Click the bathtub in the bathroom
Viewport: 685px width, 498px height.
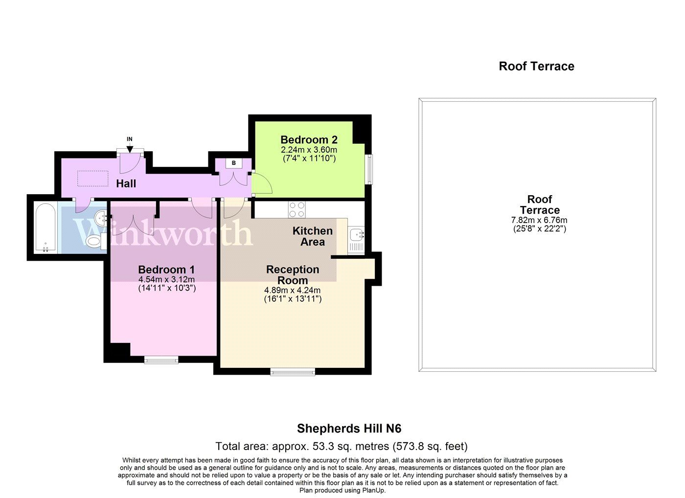pyautogui.click(x=45, y=227)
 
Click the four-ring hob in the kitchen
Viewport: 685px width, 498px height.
pyautogui.click(x=297, y=210)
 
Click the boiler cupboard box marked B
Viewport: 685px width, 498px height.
pyautogui.click(x=234, y=163)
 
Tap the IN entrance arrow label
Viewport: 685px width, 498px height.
pyautogui.click(x=130, y=139)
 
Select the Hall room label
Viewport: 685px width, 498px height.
pyautogui.click(x=126, y=184)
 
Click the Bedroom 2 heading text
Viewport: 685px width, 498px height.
pyautogui.click(x=309, y=139)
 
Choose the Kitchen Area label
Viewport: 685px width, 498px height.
pyautogui.click(x=313, y=236)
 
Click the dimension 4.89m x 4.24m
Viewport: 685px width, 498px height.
pyautogui.click(x=293, y=290)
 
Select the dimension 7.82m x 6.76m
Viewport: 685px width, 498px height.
pyautogui.click(x=539, y=220)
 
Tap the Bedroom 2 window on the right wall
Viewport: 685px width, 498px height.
pyautogui.click(x=369, y=169)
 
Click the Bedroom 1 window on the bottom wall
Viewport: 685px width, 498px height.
pyautogui.click(x=161, y=361)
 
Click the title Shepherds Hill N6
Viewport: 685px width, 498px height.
pyautogui.click(x=349, y=429)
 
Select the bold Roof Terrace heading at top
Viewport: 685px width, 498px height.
pyautogui.click(x=536, y=67)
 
